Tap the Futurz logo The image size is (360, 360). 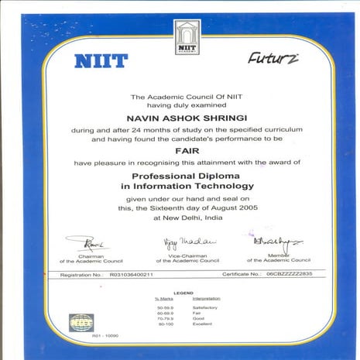tap(272, 58)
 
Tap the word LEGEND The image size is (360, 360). tap(183, 293)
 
